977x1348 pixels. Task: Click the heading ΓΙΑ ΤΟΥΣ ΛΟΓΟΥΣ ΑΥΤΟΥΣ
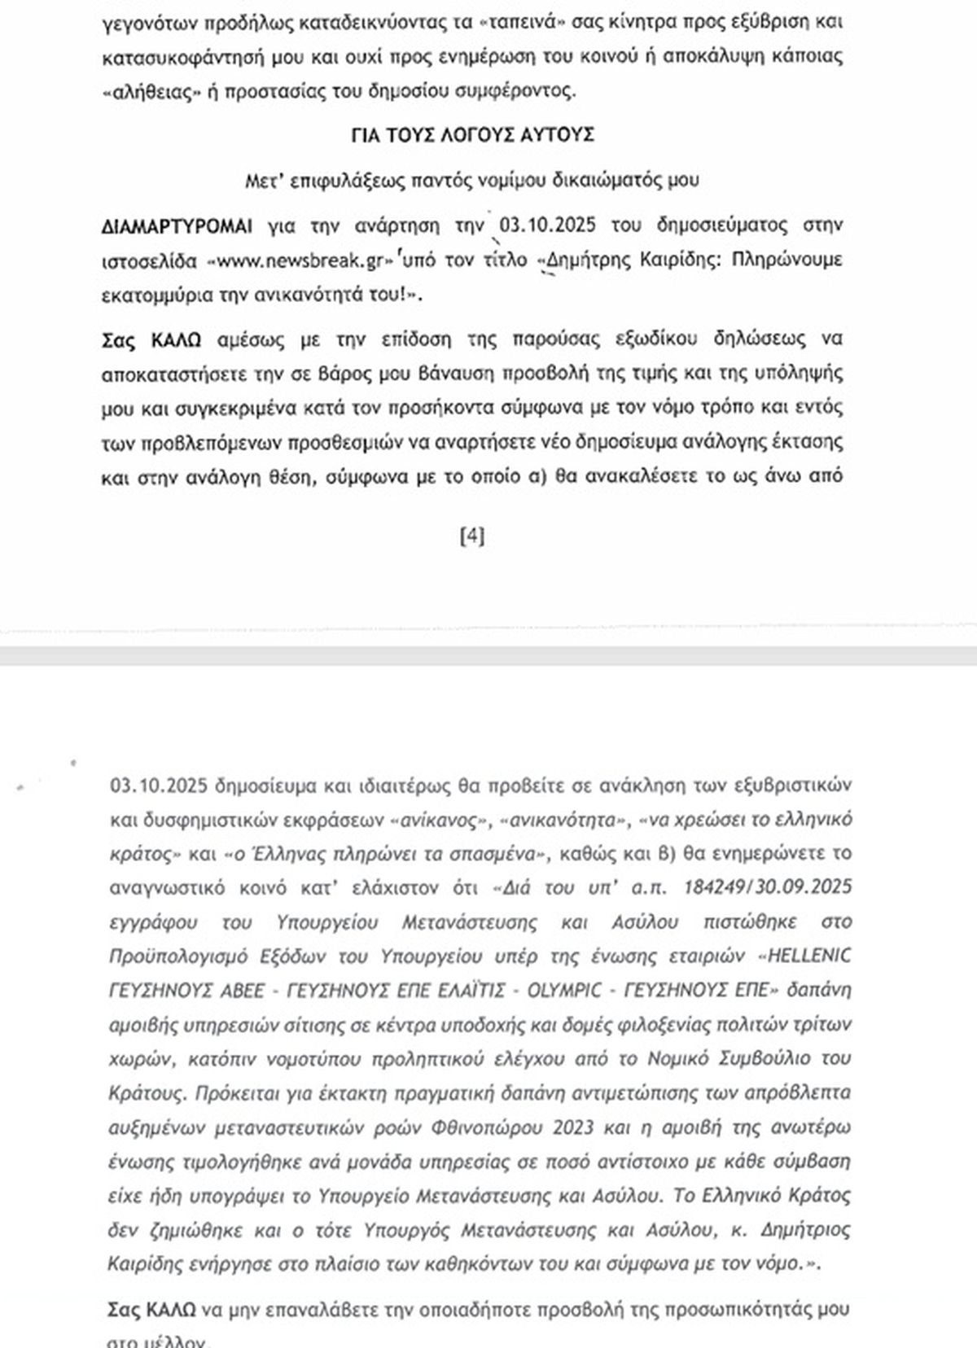(471, 134)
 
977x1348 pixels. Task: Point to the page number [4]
(472, 536)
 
